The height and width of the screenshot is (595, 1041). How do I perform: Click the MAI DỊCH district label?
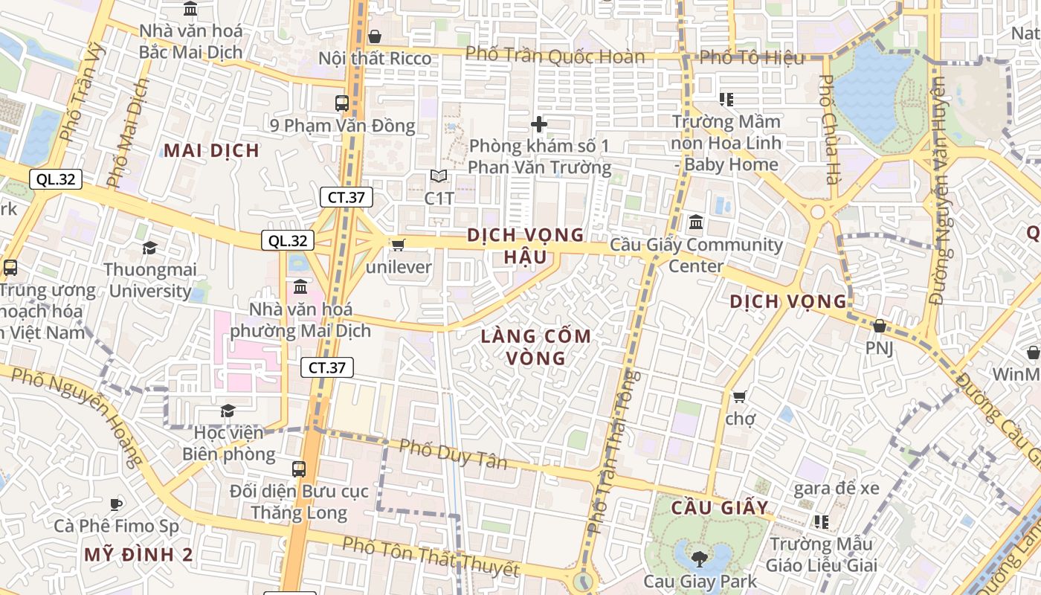point(212,151)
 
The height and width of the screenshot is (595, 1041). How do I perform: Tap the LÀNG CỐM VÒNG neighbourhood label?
point(535,347)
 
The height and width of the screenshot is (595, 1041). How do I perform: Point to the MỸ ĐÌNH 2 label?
point(138,554)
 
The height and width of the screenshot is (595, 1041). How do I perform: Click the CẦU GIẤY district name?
point(720,508)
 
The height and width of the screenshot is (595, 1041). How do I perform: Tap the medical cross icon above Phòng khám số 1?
point(540,124)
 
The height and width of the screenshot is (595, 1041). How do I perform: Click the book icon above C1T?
point(439,176)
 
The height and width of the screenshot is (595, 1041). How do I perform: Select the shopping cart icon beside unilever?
point(399,245)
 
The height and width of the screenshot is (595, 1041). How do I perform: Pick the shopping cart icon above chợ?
point(739,396)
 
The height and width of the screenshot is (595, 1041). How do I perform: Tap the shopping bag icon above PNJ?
point(879,326)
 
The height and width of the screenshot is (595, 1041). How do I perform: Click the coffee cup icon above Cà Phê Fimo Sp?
point(116,504)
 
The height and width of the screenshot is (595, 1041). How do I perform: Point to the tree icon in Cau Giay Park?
point(700,558)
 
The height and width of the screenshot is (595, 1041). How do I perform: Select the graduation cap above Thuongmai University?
point(150,248)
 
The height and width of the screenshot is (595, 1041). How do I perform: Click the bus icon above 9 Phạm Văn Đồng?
point(342,103)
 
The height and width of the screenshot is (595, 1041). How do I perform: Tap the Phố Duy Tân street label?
point(454,454)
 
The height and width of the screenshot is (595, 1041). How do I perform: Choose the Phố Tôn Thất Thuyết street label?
point(431,556)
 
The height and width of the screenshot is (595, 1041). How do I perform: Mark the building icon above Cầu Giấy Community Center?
point(696,222)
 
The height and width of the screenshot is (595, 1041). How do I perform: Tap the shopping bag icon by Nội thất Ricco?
point(375,36)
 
